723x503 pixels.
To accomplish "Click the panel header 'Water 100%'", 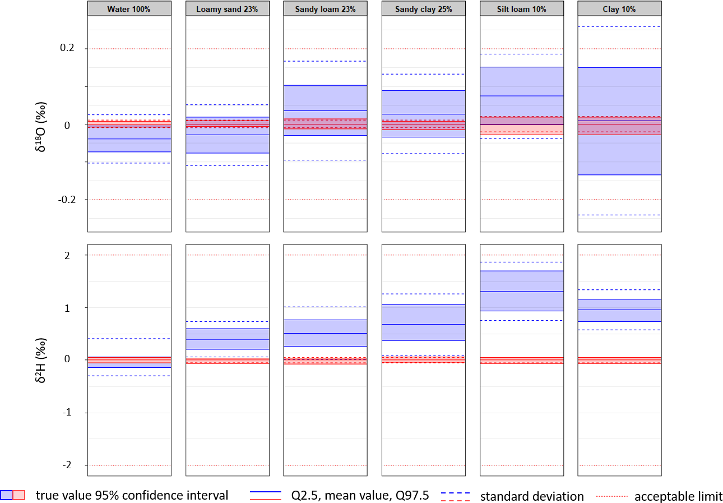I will click(129, 9).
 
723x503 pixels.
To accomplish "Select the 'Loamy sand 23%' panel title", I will click(227, 9).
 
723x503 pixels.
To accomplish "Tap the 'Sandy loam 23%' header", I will click(325, 9).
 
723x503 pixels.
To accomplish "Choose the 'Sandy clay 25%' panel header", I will click(424, 9).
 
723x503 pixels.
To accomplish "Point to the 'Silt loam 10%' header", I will click(522, 9).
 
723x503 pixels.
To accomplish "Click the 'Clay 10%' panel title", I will click(619, 9).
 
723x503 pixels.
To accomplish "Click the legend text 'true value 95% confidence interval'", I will click(132, 495).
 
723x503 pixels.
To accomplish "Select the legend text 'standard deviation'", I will click(532, 496).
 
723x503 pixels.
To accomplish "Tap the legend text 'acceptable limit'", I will click(678, 496).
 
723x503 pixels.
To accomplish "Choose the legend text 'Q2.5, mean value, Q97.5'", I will click(360, 495).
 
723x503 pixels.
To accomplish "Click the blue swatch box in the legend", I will click(6, 495).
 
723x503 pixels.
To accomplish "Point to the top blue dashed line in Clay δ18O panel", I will click(619, 26).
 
